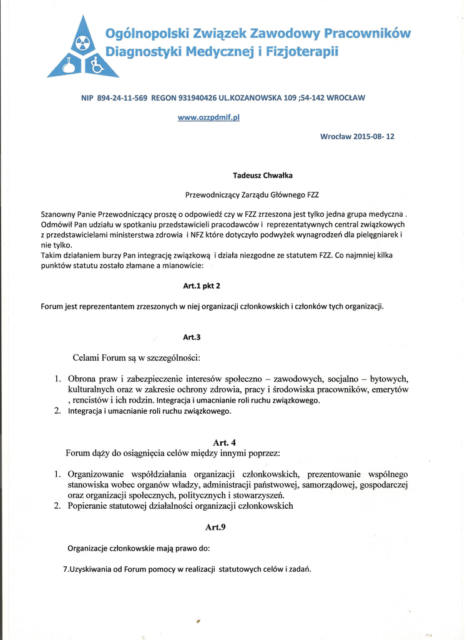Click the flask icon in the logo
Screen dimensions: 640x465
67,65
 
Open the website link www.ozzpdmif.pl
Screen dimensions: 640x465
208,117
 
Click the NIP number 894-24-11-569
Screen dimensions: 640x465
122,98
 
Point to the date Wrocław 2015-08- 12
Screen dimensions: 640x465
357,136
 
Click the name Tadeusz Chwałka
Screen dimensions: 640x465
263,176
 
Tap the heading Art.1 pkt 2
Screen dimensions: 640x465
202,286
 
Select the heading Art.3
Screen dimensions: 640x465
192,337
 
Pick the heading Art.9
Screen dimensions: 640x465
215,527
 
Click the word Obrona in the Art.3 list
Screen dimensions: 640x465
84,379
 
